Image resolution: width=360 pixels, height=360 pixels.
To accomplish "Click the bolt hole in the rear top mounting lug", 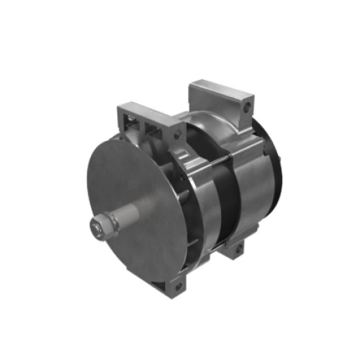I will tap(247, 107).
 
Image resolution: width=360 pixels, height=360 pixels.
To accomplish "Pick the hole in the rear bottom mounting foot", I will tap(234, 251).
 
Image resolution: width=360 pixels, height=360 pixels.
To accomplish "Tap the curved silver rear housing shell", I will tap(252, 187).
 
